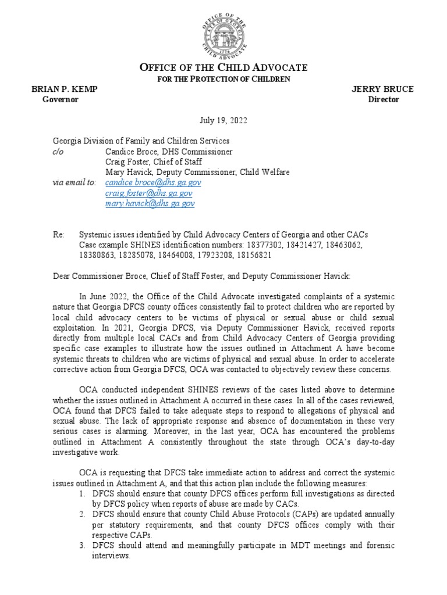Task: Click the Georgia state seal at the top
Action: pos(223,30)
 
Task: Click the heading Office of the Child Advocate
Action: pos(223,68)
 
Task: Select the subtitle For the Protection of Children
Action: pos(223,79)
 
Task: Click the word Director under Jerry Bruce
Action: pos(384,99)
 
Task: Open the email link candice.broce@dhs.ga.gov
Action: pos(153,182)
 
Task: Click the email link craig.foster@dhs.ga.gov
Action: pos(149,193)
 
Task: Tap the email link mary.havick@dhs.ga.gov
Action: pos(150,203)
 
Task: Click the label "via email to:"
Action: pos(74,182)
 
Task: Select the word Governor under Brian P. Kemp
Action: pos(60,99)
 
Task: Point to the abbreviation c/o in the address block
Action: pos(58,151)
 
